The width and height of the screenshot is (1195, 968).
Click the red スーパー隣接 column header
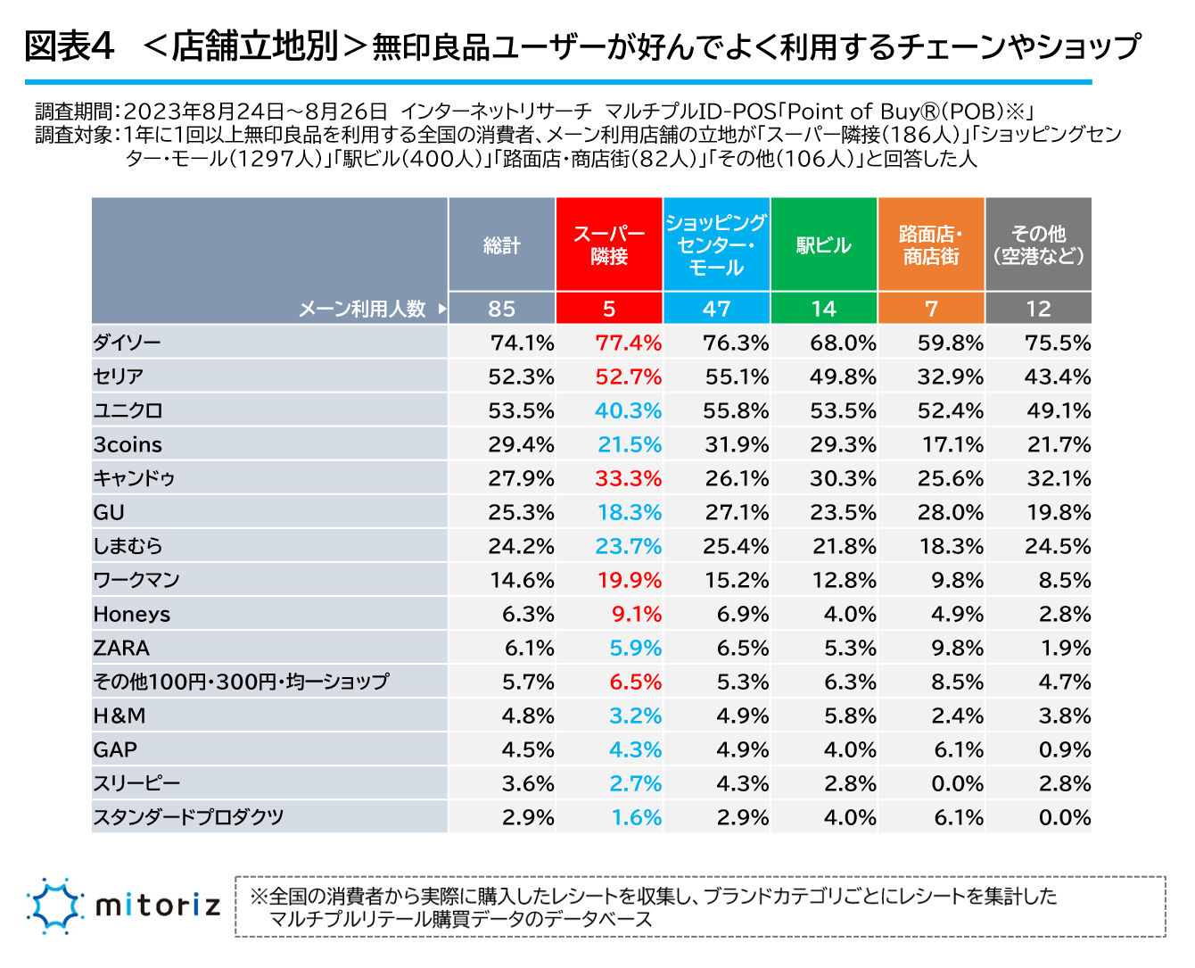tap(609, 244)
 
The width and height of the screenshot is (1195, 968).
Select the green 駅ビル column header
tap(823, 244)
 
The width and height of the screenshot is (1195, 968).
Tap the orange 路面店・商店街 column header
tap(931, 244)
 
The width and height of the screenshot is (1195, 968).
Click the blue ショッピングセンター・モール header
tap(716, 244)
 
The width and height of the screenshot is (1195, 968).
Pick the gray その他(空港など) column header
tap(1038, 244)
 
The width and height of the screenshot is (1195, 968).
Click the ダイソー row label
tap(128, 343)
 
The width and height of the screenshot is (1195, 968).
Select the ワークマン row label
tap(136, 580)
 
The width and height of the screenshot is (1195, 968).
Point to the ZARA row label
tap(121, 648)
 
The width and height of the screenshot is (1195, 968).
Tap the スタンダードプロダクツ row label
tap(188, 817)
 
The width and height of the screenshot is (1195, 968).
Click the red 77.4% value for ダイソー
tap(628, 343)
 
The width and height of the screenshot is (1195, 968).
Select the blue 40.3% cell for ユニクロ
tap(628, 410)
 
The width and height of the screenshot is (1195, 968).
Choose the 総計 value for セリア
tap(521, 376)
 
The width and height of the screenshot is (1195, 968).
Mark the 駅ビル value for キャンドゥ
tap(843, 478)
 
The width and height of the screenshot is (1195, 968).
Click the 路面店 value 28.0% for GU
tap(950, 512)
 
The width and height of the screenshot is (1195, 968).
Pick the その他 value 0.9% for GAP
tap(1064, 749)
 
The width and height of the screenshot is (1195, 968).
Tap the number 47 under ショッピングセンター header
tap(716, 309)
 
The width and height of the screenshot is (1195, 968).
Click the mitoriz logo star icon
tap(55, 906)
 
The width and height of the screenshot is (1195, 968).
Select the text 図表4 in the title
tap(70, 46)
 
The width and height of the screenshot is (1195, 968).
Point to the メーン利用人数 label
tap(362, 309)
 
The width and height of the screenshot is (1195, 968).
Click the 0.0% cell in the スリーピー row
tap(958, 783)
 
